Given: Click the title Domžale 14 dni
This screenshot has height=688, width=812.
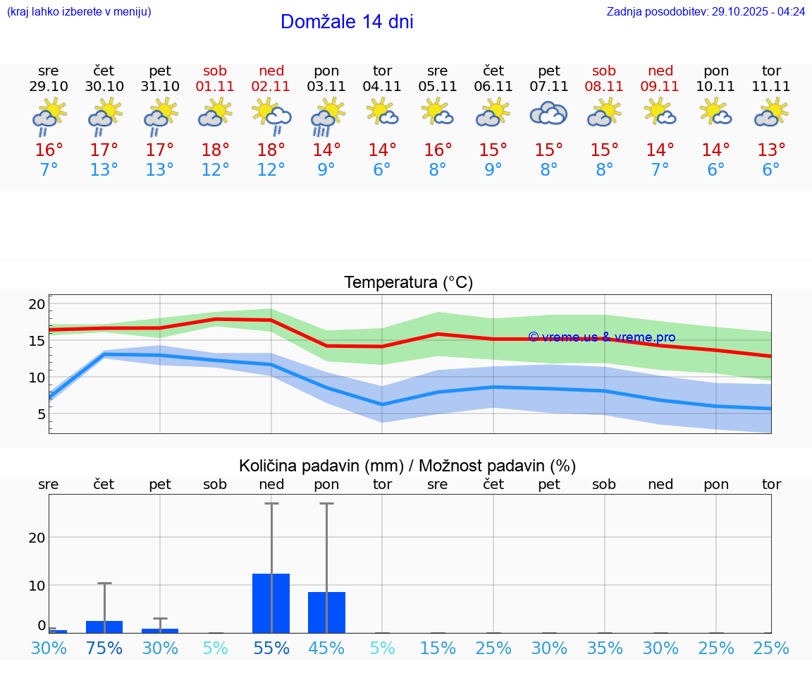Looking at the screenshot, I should [x=347, y=22].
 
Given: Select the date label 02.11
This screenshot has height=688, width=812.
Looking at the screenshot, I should [x=271, y=87].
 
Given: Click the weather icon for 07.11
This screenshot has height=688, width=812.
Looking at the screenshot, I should [x=548, y=114].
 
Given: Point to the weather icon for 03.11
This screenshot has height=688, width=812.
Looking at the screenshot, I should [x=327, y=116].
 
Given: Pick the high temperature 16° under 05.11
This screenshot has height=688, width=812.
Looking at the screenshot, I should [x=438, y=150].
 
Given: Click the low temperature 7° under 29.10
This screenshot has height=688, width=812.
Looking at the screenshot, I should [x=49, y=170].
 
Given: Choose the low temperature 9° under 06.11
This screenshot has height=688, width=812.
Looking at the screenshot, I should [x=493, y=170].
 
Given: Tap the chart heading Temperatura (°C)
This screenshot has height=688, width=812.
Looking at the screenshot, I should [x=408, y=283].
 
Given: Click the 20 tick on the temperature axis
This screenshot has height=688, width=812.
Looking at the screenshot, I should [x=37, y=305].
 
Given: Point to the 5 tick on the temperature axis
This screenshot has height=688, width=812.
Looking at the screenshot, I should [x=41, y=414].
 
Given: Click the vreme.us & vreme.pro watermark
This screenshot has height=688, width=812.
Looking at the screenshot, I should [x=601, y=337].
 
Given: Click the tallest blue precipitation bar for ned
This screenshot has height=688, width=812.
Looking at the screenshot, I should [x=271, y=603].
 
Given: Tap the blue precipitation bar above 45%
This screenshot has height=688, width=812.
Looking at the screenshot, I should [x=327, y=612].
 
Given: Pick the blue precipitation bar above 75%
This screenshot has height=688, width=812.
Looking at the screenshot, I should [x=104, y=627].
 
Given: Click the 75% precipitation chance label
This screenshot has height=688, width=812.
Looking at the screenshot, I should [x=104, y=648].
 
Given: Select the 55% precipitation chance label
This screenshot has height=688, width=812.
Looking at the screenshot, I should [x=271, y=648].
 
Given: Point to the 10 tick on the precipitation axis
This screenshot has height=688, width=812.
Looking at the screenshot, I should [x=37, y=585].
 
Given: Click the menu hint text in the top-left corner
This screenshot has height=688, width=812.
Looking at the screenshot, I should [x=79, y=12].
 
